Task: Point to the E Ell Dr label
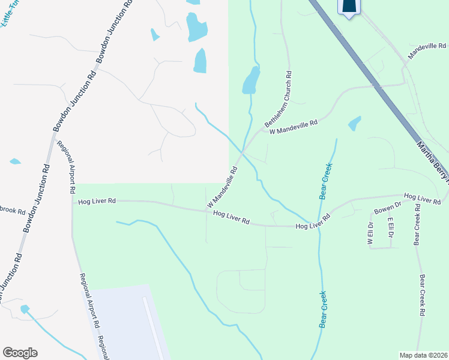click(390, 228)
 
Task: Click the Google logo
click(20, 353)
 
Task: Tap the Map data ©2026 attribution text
click(423, 355)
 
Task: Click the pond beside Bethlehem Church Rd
click(251, 80)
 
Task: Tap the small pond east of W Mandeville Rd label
click(355, 124)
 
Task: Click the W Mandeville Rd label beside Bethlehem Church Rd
click(293, 127)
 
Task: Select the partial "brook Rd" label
click(12, 212)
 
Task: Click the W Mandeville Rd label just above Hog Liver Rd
click(223, 187)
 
